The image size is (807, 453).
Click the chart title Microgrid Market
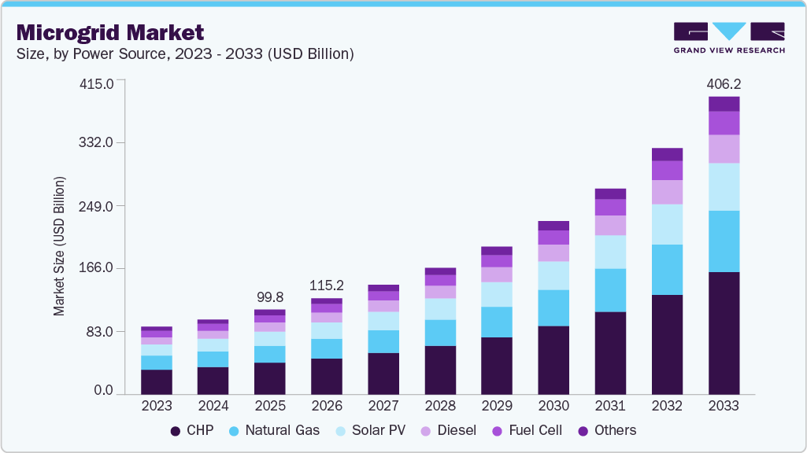110,32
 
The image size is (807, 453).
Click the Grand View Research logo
728,38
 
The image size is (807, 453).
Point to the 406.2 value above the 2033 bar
724,83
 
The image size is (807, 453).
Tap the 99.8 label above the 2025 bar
270,297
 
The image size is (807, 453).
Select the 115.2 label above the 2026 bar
327,285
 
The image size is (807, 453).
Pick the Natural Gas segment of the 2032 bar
667,270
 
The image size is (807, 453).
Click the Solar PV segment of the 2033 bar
724,186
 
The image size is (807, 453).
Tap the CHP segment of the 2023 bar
157,381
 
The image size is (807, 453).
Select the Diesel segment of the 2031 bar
610,226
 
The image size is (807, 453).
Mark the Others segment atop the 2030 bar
553,226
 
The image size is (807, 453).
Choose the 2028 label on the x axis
440,406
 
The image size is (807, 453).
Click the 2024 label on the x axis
213,406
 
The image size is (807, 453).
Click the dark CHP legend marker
175,431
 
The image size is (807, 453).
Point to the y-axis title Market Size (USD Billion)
60,246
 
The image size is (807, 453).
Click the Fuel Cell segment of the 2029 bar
497,261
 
